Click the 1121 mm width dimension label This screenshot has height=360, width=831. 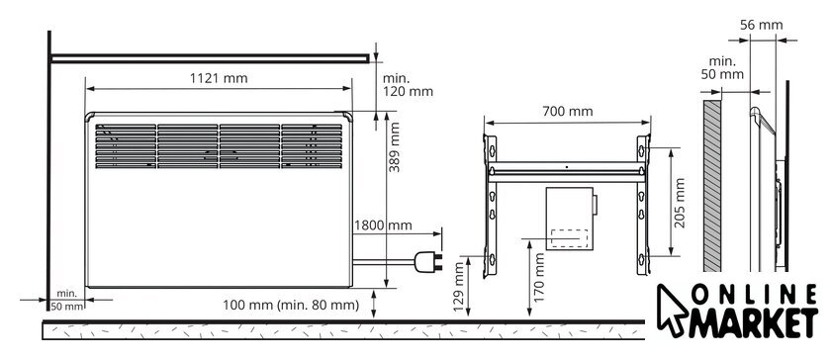tap(219, 78)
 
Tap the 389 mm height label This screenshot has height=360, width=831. tap(395, 146)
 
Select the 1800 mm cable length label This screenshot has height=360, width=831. tap(383, 225)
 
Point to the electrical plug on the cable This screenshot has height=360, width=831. tap(428, 262)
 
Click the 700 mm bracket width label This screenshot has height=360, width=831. tap(568, 112)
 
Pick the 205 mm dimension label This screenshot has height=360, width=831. tap(680, 203)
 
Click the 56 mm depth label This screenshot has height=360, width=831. tap(761, 25)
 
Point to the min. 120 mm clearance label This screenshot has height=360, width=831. tap(408, 85)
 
